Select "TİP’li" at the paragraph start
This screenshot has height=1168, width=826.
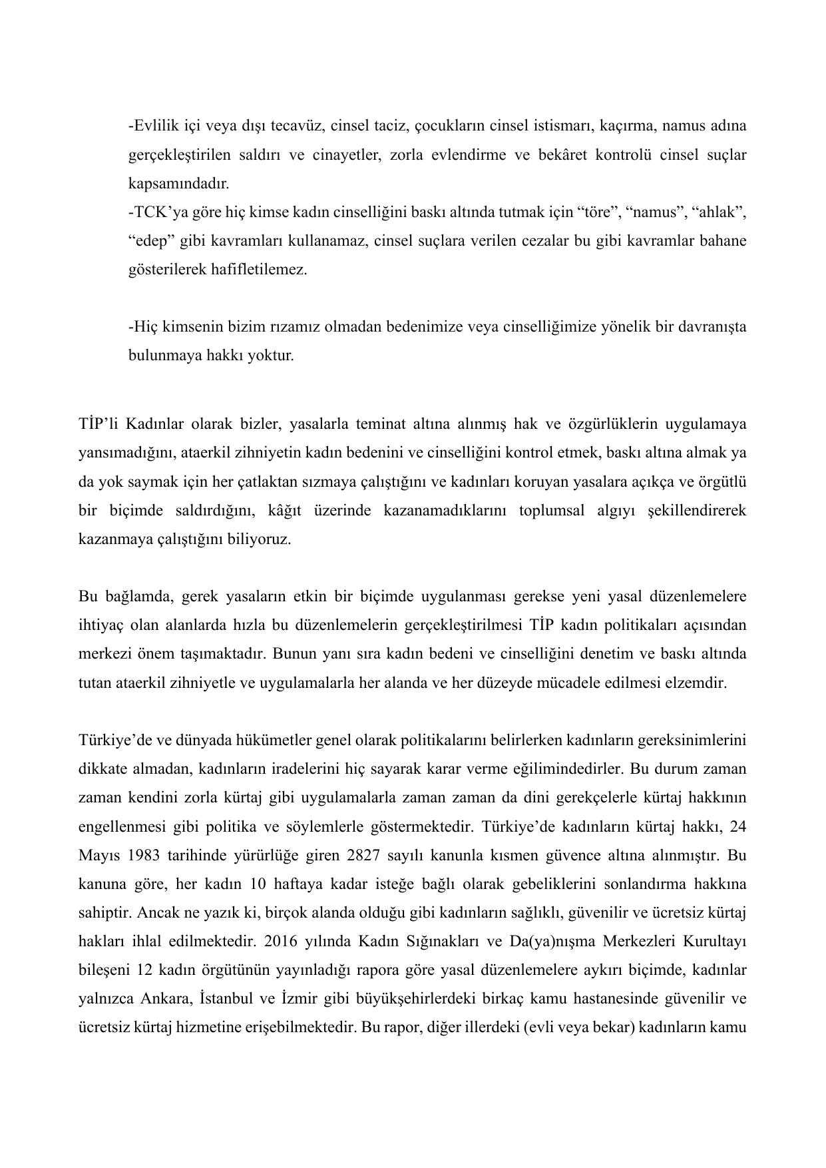coord(99,424)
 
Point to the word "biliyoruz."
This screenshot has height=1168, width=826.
coord(259,539)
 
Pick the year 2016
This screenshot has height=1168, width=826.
coord(281,942)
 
